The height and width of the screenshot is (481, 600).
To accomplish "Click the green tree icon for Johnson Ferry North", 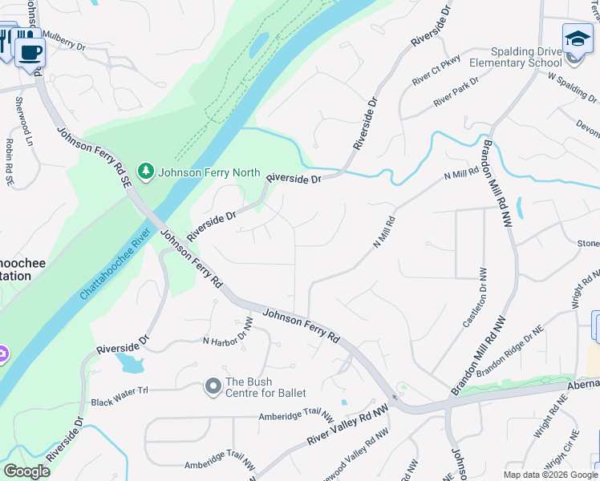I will pyautogui.click(x=145, y=171).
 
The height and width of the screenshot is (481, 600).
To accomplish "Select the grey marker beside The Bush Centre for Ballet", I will pyautogui.click(x=213, y=387).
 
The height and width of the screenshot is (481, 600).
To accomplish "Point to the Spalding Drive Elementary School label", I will pyautogui.click(x=515, y=57).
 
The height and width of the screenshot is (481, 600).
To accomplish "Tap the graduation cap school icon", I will pyautogui.click(x=577, y=38).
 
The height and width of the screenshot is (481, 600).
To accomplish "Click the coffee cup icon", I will pyautogui.click(x=30, y=53).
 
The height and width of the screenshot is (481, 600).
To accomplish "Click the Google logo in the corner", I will pyautogui.click(x=27, y=471).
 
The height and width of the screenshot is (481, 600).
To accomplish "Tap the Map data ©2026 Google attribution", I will pyautogui.click(x=549, y=475).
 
